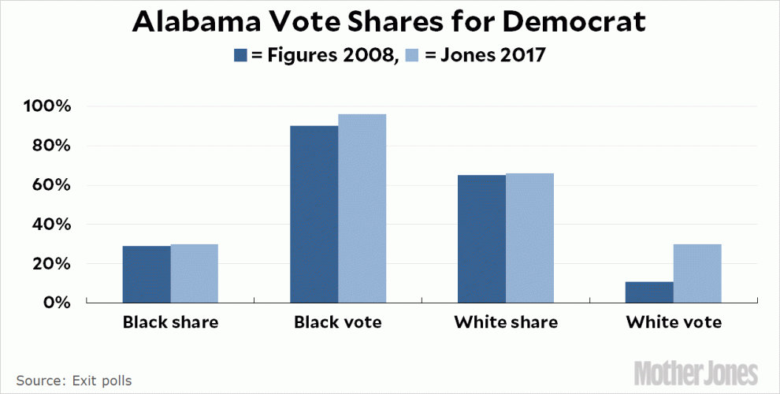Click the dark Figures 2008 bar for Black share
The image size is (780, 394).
147,274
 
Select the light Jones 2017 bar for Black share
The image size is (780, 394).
195,273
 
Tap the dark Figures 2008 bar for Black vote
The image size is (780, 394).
314,214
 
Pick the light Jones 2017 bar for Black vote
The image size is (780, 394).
362,209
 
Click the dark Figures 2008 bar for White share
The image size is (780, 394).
482,239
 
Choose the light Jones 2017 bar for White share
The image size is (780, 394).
530,238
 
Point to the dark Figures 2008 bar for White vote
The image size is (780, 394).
650,292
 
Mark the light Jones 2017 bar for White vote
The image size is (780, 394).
698,273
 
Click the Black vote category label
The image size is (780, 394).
339,323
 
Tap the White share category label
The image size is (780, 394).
506,323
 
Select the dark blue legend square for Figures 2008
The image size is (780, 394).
240,56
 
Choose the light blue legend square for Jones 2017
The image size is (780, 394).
413,56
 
